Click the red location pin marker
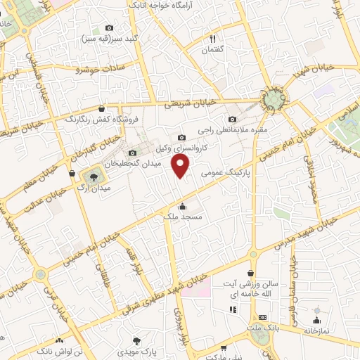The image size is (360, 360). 181,167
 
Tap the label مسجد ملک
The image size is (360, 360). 182,218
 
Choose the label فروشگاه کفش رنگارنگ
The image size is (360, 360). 103,120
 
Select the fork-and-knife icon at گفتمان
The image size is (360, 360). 212,39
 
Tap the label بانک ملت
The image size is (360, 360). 262,328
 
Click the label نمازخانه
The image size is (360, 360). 319,330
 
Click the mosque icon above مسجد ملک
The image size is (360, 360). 183,207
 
